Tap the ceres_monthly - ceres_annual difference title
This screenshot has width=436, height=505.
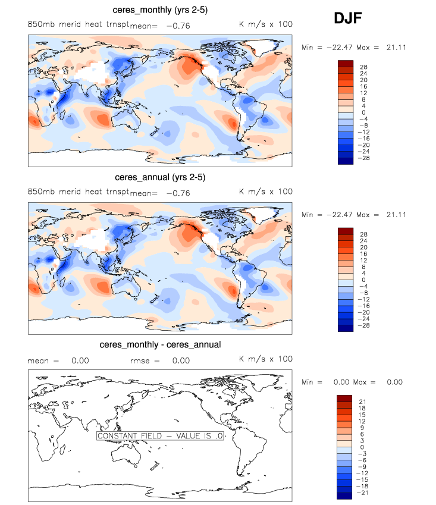click(x=160, y=344)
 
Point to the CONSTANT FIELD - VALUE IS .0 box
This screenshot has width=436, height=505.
click(x=160, y=436)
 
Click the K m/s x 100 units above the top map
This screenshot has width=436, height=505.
click(x=265, y=24)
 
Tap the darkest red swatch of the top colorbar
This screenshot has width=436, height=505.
click(x=346, y=63)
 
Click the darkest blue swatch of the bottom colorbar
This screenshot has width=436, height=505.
click(x=346, y=496)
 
